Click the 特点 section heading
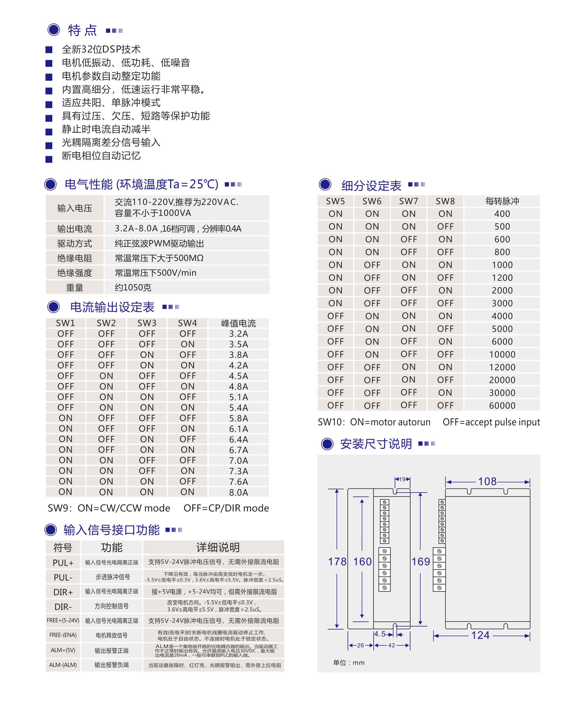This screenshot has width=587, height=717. coord(82,30)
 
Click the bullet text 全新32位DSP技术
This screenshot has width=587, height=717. coord(101,49)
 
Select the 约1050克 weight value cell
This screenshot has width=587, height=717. coord(133,287)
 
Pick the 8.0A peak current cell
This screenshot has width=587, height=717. coord(238,492)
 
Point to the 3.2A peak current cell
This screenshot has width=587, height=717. coord(238,334)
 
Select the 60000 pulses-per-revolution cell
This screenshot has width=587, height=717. coord(502,405)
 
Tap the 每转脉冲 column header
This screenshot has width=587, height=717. coord(502,201)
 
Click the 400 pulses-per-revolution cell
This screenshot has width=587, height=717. coord(502,214)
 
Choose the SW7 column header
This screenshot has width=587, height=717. coord(409,201)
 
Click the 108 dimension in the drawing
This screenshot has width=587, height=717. coord(487,481)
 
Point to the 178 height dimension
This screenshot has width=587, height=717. coord(337,561)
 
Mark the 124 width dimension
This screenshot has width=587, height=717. coord(480,635)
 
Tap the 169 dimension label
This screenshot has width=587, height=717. coord(420,561)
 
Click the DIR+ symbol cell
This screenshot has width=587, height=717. coord(63,592)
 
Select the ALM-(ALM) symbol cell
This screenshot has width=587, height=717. coord(63,664)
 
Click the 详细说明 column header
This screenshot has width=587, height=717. coord(218,547)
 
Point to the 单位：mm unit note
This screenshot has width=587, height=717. coord(349,662)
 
